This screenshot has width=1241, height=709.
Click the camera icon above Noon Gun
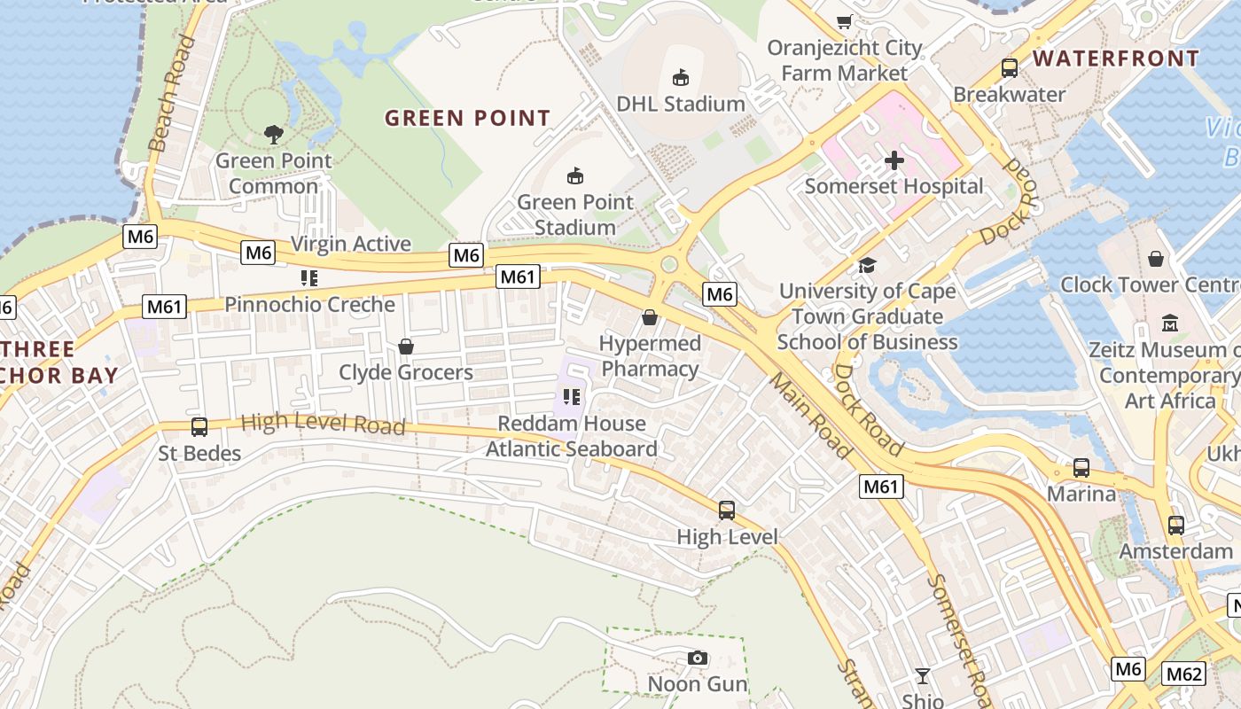coord(698,658)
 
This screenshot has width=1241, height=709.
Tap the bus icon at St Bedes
coord(199,427)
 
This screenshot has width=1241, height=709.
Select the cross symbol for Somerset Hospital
coord(894,160)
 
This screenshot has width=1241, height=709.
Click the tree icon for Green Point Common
coord(274,135)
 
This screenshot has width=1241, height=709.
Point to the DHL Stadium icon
coord(681,78)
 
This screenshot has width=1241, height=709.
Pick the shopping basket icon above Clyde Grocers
coord(406,346)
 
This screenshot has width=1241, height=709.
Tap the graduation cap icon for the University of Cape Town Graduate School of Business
coord(867,265)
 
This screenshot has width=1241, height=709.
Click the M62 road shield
coord(1184,674)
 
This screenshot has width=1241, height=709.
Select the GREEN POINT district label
coord(468,118)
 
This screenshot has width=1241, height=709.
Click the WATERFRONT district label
coord(1116,58)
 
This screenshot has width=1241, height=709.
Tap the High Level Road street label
coord(323,424)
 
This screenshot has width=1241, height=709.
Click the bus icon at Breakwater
coord(1010,68)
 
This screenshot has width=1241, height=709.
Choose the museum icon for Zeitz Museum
coord(1169,323)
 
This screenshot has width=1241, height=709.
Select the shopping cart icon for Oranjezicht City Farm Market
coord(845,22)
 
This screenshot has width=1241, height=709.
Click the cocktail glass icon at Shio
coord(923,676)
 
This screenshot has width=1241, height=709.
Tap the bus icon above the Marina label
coord(1081,468)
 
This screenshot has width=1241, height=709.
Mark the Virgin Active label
coord(351,244)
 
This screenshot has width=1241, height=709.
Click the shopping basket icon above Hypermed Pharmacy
coord(650,317)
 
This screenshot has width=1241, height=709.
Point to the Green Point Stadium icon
coord(575,176)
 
